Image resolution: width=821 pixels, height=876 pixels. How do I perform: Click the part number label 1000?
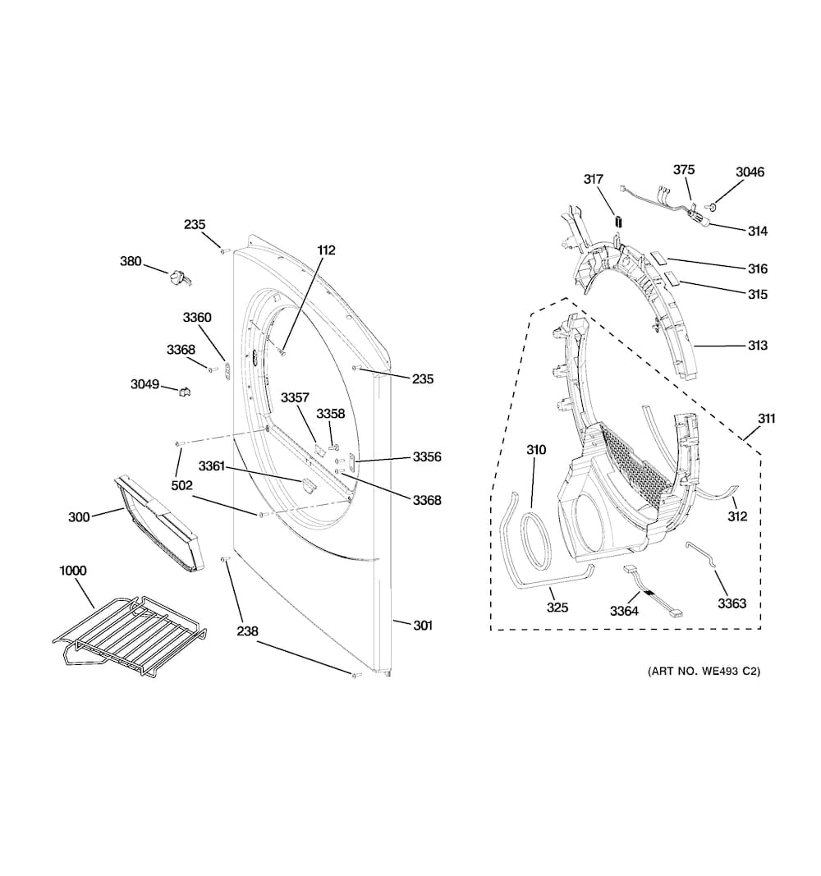[x=73, y=571]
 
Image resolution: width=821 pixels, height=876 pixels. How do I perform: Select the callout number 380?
[x=131, y=261]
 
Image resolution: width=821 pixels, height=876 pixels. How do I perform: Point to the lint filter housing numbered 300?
[x=159, y=524]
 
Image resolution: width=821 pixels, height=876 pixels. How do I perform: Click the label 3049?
[x=144, y=384]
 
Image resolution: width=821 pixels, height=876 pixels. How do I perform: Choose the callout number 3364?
[x=624, y=611]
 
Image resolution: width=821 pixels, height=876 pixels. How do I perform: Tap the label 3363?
[x=732, y=603]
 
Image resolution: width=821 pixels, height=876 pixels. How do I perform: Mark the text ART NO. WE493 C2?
[x=704, y=671]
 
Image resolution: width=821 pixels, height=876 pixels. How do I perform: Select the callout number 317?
[x=594, y=179]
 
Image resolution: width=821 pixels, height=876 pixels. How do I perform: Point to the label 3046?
[x=750, y=172]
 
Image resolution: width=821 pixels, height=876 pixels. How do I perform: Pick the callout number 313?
[x=757, y=346]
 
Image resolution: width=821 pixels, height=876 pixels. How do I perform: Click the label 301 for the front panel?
[x=423, y=625]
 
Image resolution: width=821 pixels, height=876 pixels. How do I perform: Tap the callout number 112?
[x=326, y=250]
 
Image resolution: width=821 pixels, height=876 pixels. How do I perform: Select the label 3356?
[x=427, y=457]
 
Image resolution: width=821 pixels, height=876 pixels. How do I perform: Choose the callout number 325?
[x=557, y=608]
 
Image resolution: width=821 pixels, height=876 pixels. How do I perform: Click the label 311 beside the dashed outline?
[x=767, y=419]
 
